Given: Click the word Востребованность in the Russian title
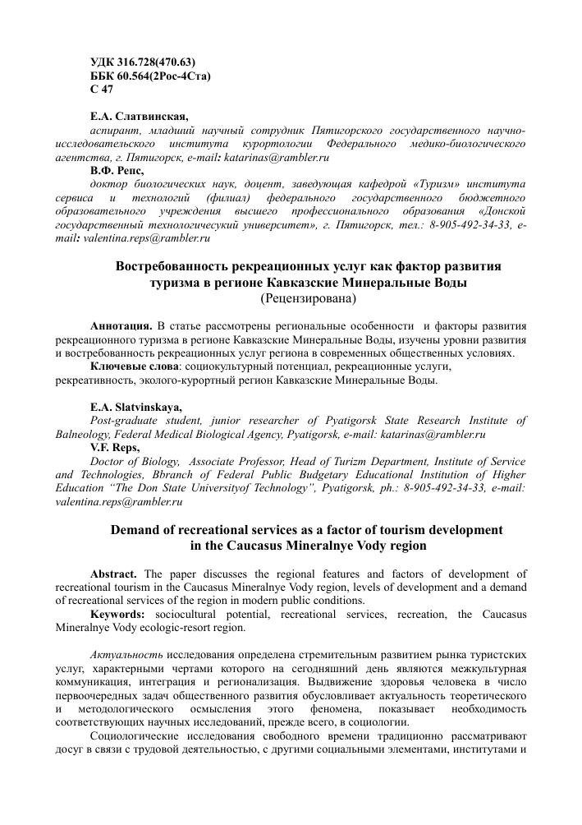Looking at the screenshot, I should coord(178,267).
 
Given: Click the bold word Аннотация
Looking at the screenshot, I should coord(121,325).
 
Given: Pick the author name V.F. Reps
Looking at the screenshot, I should coord(115,447).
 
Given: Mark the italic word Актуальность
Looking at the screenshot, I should coord(125,654).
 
